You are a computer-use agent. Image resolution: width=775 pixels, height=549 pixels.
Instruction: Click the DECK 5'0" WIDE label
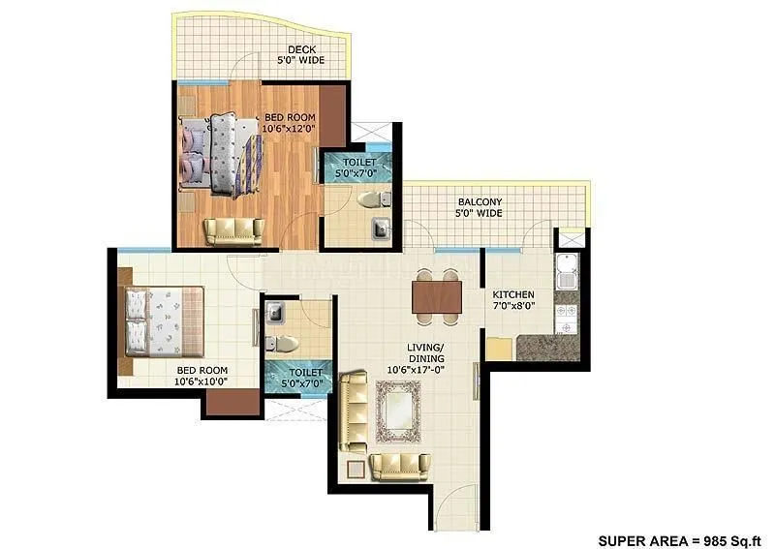click(304, 53)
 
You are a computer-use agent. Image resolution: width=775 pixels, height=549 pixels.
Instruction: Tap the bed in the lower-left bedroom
click(163, 322)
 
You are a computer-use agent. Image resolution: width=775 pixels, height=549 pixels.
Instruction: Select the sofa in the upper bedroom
click(232, 231)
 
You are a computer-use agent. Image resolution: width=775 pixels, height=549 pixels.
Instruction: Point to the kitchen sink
click(566, 272)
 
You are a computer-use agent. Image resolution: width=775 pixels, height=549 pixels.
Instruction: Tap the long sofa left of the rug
click(353, 411)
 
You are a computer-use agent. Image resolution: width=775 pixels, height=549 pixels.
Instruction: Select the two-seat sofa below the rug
click(400, 466)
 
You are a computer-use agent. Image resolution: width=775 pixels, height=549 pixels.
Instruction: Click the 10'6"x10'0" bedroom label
click(201, 376)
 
